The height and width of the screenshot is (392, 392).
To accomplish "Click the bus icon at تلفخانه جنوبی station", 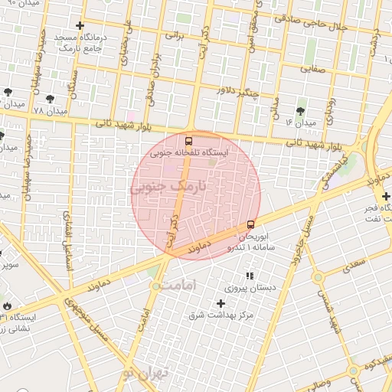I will coord(188,141).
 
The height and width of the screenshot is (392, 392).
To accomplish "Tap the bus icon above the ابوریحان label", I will coord(251,225).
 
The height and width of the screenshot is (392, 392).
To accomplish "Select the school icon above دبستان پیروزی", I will coord(248,276).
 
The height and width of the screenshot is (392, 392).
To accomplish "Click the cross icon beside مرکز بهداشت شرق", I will coord(220,303).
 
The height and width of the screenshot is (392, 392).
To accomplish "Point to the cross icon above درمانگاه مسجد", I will coord(80,26).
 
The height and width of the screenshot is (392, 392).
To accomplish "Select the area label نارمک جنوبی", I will coord(168,186).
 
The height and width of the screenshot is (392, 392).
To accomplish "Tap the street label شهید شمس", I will coord(332,306).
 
